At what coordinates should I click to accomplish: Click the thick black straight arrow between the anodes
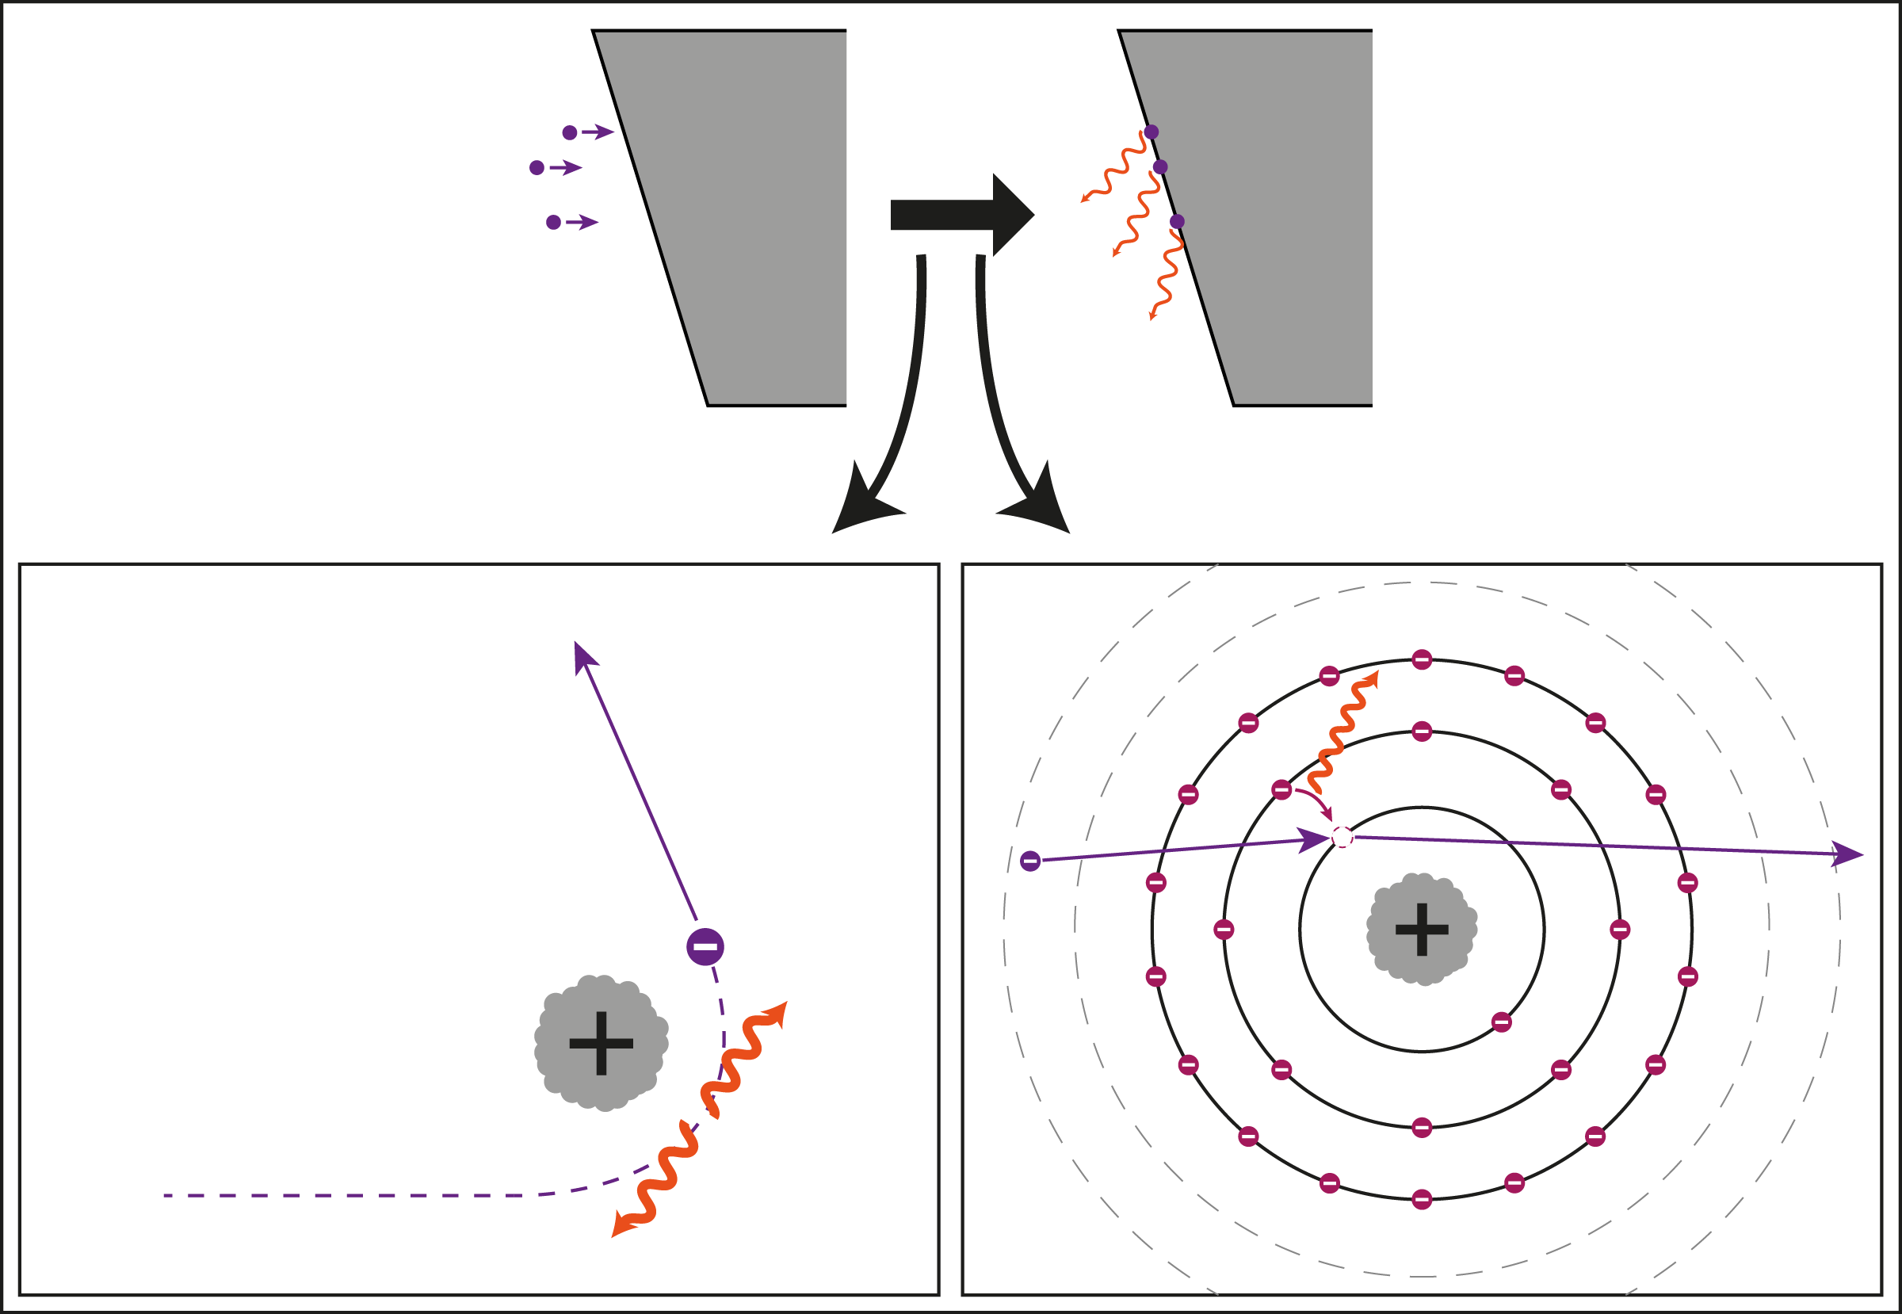coord(959,215)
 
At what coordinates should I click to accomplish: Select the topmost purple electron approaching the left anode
coord(570,132)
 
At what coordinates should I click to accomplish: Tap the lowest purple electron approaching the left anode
coord(553,222)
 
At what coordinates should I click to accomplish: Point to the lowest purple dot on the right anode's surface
coord(1177,221)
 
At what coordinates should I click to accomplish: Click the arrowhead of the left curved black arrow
coord(861,506)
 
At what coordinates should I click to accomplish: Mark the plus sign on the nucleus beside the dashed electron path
coord(601,1043)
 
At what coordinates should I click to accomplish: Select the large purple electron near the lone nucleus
coord(705,947)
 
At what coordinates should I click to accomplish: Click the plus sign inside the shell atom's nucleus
coord(1422,930)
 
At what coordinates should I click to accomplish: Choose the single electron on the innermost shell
coord(1501,1022)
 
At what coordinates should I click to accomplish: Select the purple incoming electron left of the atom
coord(1030,861)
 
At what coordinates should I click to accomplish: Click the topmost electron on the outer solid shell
coord(1422,659)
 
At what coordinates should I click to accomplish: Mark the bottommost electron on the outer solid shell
coord(1422,1200)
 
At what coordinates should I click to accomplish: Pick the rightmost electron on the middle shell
coord(1620,930)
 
